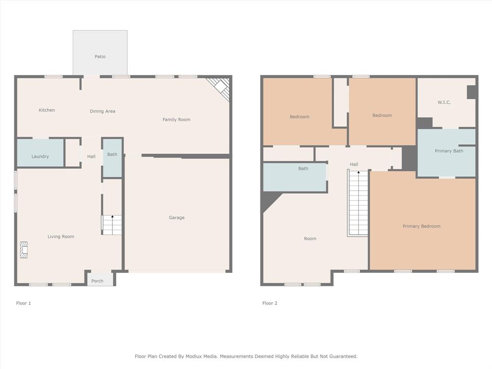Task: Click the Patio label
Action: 100,57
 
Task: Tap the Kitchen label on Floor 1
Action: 47,110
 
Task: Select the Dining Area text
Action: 102,111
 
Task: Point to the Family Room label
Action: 176,120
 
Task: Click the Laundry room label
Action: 40,157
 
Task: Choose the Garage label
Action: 176,218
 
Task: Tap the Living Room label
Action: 61,236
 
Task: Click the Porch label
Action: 97,281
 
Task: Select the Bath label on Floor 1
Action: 112,155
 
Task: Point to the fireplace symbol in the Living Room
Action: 24,250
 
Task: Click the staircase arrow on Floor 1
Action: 112,218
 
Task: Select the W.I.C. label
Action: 444,102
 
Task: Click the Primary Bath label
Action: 449,151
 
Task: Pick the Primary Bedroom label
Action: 421,226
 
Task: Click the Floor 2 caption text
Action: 270,303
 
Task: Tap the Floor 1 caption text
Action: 24,303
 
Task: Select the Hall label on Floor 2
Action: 354,164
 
